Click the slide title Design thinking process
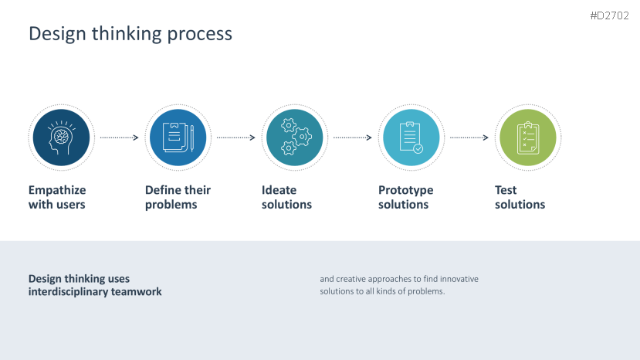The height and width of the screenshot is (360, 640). [x=130, y=34]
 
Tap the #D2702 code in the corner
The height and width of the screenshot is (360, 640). [x=610, y=15]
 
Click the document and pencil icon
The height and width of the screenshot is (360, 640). [x=178, y=138]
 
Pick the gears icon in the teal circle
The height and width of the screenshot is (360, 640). [x=294, y=138]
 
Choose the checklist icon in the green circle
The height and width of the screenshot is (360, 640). [x=527, y=138]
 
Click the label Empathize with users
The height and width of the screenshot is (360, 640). [x=57, y=197]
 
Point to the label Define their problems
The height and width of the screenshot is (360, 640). [x=178, y=197]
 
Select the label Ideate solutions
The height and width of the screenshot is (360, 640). [x=286, y=197]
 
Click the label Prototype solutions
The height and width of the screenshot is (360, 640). [x=405, y=197]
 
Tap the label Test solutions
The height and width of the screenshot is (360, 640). [x=520, y=197]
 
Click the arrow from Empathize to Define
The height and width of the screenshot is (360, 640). [x=119, y=138]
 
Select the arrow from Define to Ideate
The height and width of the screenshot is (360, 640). [x=235, y=138]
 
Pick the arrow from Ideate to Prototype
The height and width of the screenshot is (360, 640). [x=352, y=138]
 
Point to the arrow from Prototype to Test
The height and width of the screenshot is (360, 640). [x=469, y=138]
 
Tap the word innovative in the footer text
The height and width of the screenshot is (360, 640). [x=459, y=279]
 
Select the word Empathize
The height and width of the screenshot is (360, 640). [x=57, y=190]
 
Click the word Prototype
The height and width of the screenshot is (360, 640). [x=405, y=190]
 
